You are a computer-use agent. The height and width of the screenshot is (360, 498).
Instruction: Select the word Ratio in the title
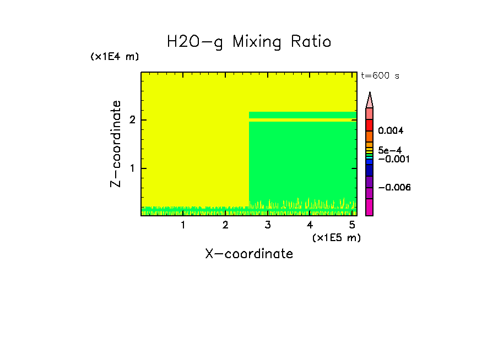(312, 42)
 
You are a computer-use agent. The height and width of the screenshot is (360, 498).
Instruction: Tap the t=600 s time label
(380, 76)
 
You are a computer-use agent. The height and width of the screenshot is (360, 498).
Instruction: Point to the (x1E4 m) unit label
(115, 57)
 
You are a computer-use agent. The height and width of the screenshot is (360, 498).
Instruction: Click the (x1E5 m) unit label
(336, 237)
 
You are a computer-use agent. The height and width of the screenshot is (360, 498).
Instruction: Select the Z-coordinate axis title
(116, 143)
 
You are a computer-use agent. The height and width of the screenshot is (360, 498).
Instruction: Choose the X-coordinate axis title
(249, 254)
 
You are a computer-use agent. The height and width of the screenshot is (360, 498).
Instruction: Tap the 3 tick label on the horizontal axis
(268, 225)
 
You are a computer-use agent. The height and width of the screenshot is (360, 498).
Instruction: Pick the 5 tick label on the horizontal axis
(352, 225)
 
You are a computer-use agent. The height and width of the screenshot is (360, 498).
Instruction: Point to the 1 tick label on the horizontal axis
(183, 225)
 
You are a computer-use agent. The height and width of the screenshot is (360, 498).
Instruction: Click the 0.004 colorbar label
(391, 131)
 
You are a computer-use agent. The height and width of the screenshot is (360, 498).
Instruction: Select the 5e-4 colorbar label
(389, 150)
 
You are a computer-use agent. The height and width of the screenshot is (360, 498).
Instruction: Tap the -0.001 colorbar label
(392, 159)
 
